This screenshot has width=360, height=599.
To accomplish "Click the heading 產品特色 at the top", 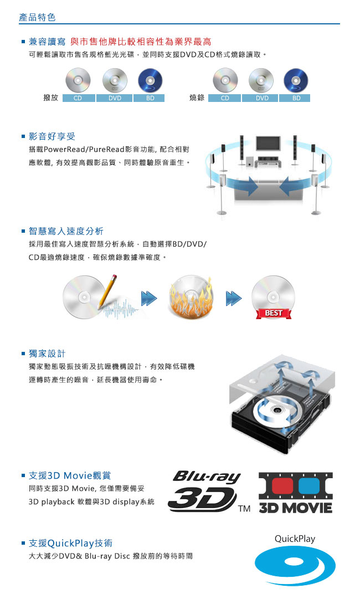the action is pos(37,17).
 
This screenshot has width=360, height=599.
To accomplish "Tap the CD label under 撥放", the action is pos(78,98).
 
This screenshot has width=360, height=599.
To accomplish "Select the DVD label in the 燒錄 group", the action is pos(262,98).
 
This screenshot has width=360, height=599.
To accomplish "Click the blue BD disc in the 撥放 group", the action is pos(150,80).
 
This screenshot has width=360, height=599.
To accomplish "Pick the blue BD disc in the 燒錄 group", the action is pos(296,80).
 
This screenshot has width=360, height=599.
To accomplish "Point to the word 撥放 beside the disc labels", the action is pos(51,98).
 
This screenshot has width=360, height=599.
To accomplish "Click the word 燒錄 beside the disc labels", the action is pos(197,98).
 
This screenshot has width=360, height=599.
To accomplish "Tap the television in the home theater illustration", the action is pos(269,144).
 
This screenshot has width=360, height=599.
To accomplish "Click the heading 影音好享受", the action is pos(52,136).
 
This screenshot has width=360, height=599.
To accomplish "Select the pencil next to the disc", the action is pos(107,291).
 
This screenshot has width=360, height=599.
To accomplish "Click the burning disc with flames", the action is pos(191,297).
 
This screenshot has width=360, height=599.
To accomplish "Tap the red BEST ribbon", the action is pos(274,313).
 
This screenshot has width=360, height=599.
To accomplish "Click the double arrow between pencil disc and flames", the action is pos(149,298).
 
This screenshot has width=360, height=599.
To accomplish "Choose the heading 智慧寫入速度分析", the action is pos(66,231).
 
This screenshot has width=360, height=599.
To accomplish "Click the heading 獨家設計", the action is pos(47,354).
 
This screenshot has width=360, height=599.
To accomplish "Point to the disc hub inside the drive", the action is pos(277,410).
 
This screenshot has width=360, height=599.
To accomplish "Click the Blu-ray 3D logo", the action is pos(204,492).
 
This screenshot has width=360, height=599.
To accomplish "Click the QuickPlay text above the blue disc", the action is pos(295,539).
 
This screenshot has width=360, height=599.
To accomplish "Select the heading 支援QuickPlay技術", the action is pos(71,543).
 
